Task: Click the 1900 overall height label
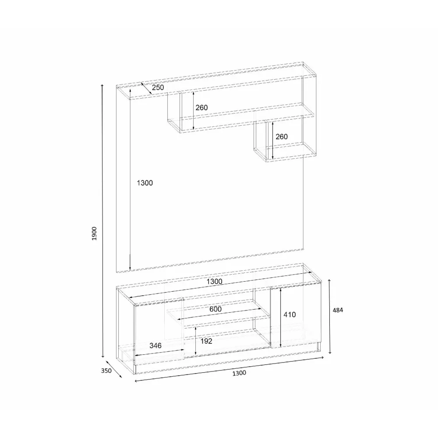(95, 233)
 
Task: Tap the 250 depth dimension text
(158, 88)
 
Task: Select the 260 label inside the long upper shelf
(201, 108)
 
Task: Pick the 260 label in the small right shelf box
(282, 137)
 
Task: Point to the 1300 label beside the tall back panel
(145, 183)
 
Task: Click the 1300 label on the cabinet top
(215, 281)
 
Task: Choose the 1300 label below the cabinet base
(240, 373)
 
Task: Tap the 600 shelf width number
(215, 309)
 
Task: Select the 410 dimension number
(290, 314)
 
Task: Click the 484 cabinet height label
(338, 310)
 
